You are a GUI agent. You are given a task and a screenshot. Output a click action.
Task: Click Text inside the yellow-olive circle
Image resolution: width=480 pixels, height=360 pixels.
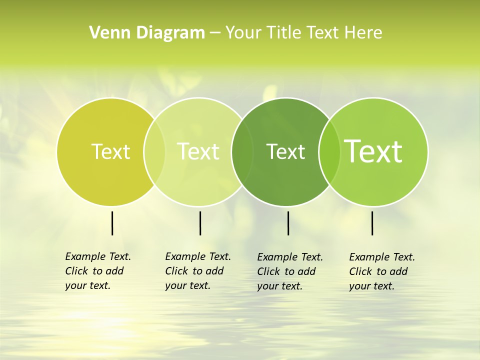110,151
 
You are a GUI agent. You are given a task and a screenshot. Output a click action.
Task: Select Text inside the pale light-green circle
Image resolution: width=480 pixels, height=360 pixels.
198,151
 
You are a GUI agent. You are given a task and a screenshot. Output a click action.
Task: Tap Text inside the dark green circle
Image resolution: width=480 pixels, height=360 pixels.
285,151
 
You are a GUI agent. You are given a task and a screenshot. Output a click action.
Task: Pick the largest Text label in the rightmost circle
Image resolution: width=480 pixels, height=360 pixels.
373,151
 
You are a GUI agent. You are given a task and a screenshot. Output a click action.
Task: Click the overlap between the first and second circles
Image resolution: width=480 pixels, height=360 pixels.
154,152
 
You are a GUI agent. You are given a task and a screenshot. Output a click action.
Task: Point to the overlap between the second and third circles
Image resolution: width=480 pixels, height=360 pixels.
241,152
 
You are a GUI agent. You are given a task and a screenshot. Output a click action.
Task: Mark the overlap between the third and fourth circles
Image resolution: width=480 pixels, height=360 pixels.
329,152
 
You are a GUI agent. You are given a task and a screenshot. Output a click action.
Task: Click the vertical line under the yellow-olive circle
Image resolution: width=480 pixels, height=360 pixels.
112,223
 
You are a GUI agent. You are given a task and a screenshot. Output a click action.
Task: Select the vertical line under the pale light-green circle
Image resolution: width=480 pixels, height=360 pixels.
200,223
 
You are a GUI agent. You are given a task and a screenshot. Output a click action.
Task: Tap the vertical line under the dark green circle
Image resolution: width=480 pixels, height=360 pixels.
288,223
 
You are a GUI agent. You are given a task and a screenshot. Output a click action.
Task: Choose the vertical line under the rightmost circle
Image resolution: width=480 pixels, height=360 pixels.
372,223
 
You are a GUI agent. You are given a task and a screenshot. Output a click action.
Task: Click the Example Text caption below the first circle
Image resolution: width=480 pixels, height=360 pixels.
97,271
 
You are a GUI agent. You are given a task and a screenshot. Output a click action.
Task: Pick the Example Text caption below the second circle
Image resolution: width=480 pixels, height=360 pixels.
197,271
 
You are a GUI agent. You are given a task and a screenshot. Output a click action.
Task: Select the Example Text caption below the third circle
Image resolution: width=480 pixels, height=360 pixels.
289,271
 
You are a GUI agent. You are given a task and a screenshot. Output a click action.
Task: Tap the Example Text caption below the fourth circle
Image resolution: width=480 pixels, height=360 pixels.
381,271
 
